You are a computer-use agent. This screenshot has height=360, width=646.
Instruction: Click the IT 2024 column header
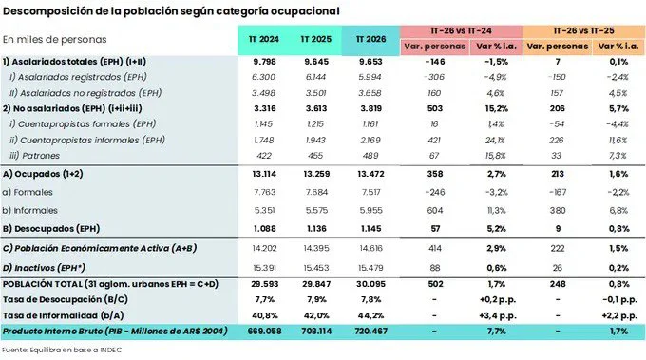(264, 39)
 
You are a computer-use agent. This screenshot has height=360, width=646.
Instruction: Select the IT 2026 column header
(370, 39)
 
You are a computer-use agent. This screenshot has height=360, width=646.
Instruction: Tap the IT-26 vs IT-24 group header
(461, 31)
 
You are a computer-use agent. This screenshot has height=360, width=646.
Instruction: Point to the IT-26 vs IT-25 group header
(584, 31)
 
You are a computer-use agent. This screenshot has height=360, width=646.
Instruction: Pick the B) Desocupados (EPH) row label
(51, 229)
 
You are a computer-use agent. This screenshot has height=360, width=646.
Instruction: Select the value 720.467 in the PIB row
(370, 332)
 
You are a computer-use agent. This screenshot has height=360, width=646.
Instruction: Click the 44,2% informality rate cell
(370, 315)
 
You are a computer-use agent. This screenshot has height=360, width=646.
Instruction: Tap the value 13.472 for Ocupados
(370, 174)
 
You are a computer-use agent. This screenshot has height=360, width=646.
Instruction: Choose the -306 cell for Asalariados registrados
(435, 77)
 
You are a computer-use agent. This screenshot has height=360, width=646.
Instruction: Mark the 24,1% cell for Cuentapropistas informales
(496, 140)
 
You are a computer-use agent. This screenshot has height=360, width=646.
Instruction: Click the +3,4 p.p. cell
(497, 316)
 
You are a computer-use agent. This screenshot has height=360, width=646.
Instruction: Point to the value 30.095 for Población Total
(370, 284)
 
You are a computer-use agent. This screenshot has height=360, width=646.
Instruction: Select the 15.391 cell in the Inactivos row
(264, 268)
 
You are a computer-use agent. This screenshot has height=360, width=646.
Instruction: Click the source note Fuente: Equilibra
(62, 351)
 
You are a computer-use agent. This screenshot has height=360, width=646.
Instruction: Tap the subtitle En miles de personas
(55, 40)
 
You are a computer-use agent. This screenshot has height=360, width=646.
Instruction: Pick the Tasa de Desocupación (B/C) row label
(66, 300)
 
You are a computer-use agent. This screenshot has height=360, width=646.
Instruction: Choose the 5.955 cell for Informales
(370, 211)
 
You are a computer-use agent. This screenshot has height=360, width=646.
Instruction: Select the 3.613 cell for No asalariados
(316, 108)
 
